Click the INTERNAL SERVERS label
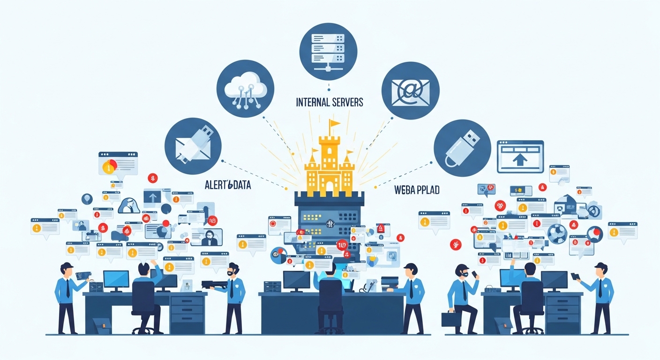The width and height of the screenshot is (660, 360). click(330, 102)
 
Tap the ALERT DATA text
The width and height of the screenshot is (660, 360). click(227, 185)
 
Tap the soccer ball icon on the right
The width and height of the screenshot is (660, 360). click(557, 234)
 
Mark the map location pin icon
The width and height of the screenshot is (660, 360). click(87, 199)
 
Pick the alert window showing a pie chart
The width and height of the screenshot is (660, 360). click(118, 163)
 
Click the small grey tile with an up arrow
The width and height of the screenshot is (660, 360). click(152, 196)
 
